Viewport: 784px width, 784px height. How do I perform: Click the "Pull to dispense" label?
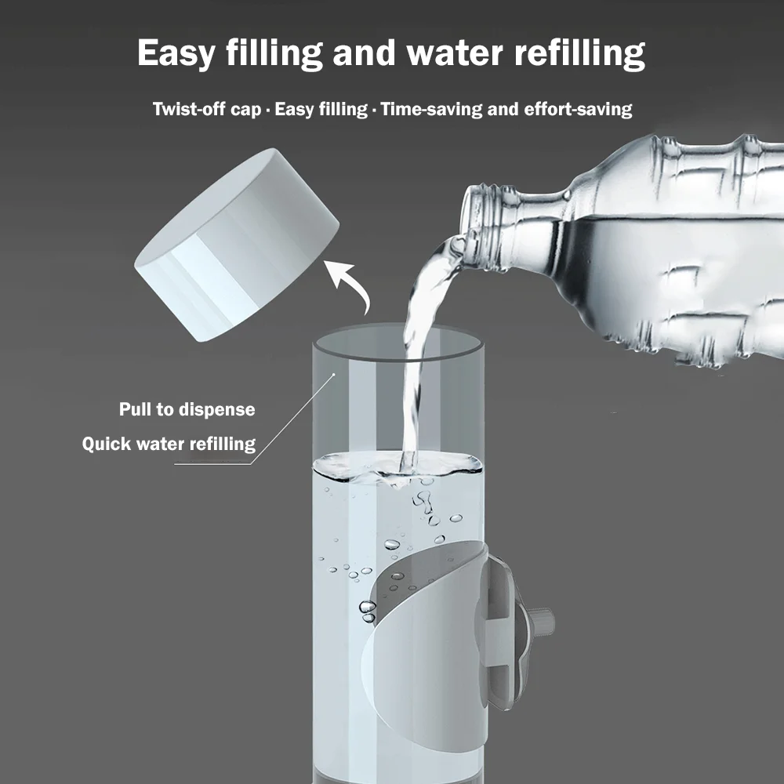pos(187,409)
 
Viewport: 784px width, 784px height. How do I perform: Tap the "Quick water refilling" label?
pos(169,444)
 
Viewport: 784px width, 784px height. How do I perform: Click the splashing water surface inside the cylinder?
pos(396,469)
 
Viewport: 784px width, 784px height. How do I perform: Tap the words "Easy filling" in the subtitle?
pos(321,109)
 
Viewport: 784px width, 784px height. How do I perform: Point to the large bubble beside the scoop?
pos(367,608)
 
